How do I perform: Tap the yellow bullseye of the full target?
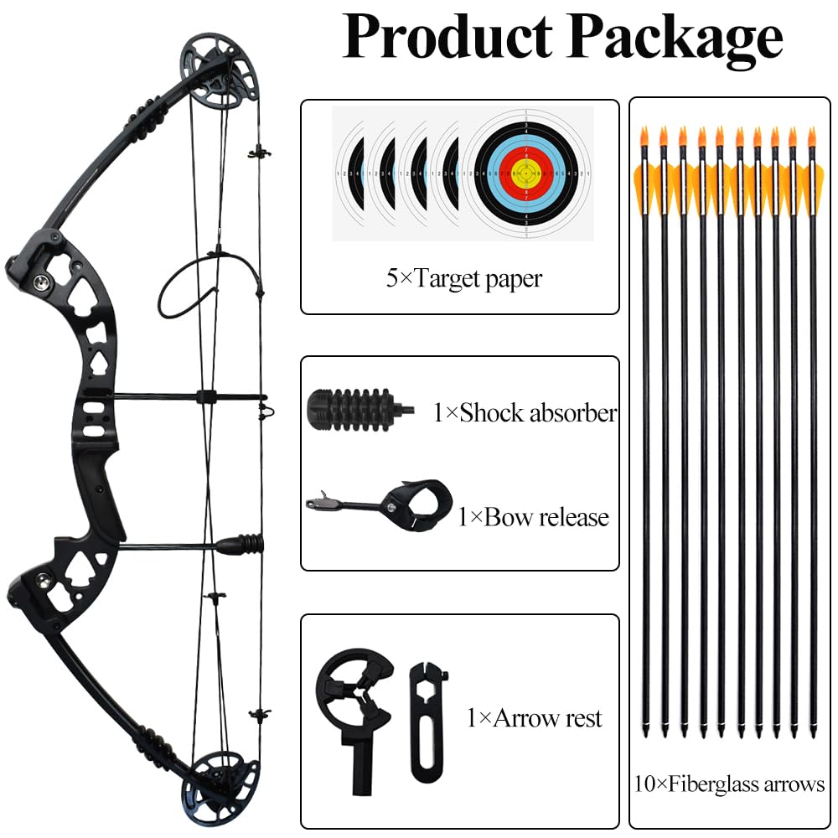coord(526,173)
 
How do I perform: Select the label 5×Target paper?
coord(464,278)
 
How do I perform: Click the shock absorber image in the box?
coord(360,411)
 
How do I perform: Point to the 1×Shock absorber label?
coord(525,412)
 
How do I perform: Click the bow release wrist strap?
coord(418,504)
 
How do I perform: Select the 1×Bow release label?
coord(533,517)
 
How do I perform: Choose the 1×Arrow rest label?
coord(535,718)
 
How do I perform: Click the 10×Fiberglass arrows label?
coord(729,784)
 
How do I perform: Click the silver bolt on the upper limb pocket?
coord(41,282)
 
